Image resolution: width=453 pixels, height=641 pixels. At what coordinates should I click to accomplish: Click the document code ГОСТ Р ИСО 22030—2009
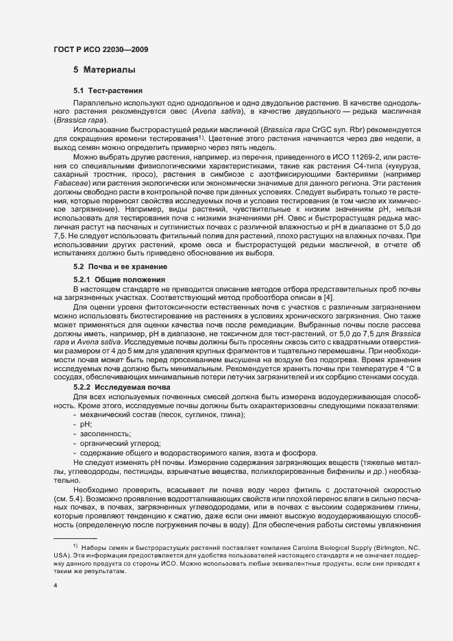point(99,49)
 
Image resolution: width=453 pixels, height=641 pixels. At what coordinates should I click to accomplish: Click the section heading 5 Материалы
point(104,70)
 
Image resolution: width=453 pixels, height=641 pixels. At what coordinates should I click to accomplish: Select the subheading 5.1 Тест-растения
point(108,90)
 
